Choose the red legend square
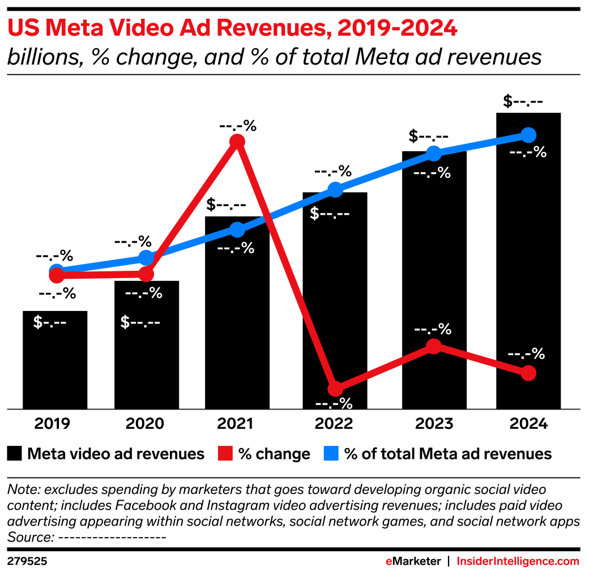225,453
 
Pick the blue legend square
331,453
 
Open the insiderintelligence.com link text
518,561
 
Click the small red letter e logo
389,561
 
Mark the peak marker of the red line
237,141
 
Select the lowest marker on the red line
335,389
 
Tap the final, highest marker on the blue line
528,135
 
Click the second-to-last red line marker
433,346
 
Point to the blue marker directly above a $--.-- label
335,189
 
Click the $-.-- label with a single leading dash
50,322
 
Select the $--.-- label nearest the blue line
330,214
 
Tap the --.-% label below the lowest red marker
334,404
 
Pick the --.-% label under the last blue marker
528,152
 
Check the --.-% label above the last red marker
526,355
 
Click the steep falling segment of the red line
286,265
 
